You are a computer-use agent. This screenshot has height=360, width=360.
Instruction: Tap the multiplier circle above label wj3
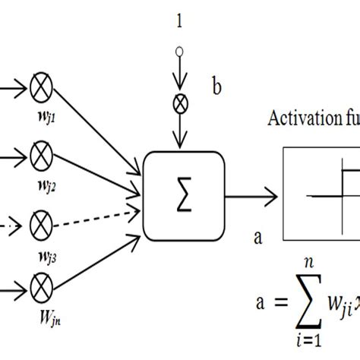39,224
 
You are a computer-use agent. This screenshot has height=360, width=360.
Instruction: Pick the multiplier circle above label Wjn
39,286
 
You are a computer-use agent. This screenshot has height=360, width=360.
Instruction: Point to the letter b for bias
217,89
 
